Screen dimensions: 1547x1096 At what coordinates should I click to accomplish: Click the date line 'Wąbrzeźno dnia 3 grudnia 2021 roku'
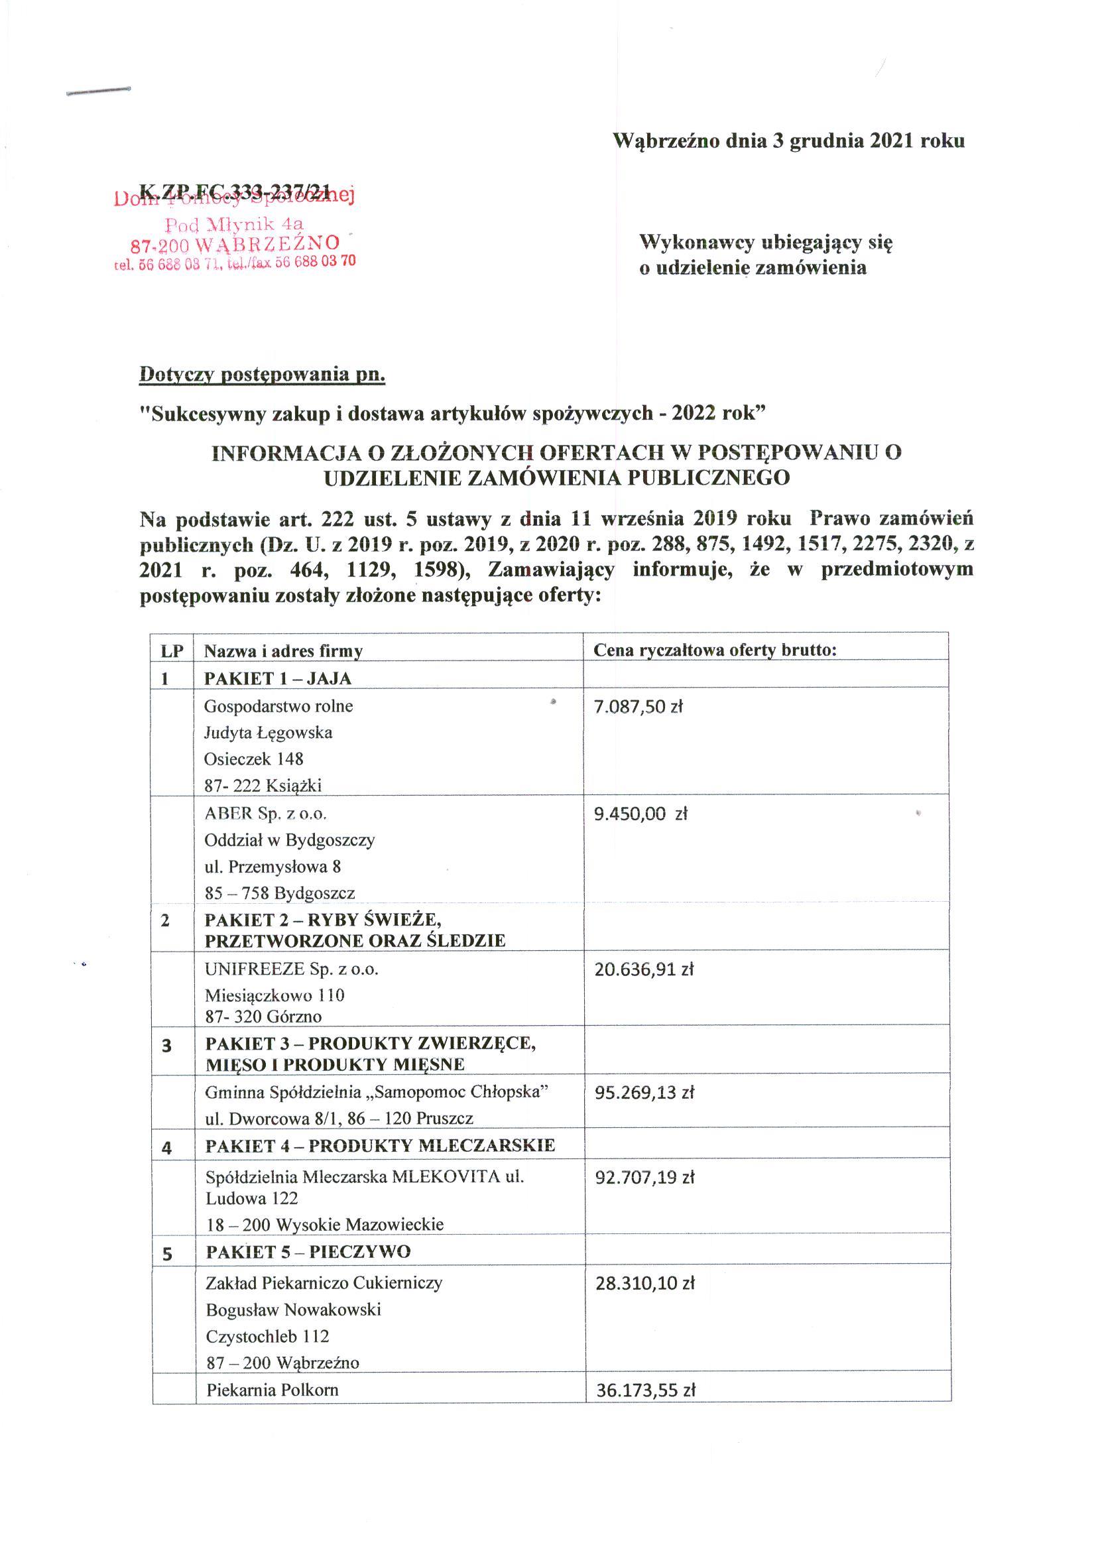[788, 141]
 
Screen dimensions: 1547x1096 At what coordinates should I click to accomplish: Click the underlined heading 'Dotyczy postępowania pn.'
[262, 374]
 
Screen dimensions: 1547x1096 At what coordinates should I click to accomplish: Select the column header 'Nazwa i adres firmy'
[284, 651]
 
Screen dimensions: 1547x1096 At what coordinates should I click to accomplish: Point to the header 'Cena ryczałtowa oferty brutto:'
[715, 650]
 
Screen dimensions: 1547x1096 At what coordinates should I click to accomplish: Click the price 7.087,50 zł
[638, 707]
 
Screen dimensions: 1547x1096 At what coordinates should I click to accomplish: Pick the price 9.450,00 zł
[640, 814]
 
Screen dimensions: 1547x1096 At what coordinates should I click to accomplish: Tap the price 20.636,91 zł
[644, 970]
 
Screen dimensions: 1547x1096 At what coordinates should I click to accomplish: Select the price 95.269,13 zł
[644, 1093]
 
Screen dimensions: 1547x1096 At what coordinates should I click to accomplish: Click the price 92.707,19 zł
[644, 1178]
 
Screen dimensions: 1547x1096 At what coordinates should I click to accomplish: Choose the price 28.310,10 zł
[644, 1283]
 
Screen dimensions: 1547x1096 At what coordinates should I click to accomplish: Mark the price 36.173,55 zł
[645, 1391]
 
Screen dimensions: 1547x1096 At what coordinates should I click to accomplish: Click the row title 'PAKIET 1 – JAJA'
[278, 678]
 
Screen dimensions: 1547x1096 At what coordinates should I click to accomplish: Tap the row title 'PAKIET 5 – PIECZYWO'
[308, 1252]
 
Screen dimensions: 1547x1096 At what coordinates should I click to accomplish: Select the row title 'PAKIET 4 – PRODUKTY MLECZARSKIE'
[380, 1145]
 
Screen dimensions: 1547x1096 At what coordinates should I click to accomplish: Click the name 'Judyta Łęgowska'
[268, 732]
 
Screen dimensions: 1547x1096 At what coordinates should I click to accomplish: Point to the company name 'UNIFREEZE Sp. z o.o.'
[292, 969]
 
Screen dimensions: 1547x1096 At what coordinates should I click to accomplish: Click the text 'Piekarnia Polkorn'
[272, 1390]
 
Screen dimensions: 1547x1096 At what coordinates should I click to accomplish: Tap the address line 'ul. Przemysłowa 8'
[273, 866]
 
